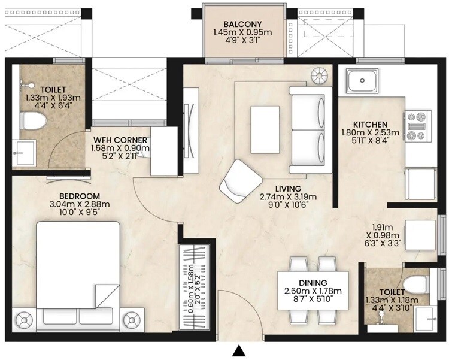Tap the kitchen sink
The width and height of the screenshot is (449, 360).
pyautogui.click(x=363, y=79)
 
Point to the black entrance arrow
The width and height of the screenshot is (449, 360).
pyautogui.click(x=239, y=350)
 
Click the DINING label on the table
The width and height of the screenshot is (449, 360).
pyautogui.click(x=313, y=283)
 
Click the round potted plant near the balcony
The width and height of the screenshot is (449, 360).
pyautogui.click(x=319, y=75)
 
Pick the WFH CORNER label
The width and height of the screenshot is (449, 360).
pyautogui.click(x=120, y=140)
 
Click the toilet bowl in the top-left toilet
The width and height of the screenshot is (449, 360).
pyautogui.click(x=34, y=122)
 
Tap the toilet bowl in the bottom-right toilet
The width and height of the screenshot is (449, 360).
pyautogui.click(x=414, y=282)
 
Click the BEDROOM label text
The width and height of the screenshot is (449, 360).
pyautogui.click(x=79, y=196)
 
